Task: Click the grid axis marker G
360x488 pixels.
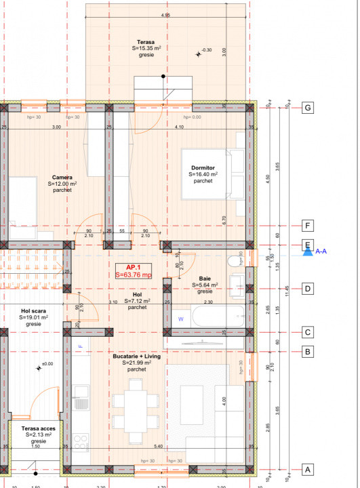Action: pyautogui.click(x=308, y=108)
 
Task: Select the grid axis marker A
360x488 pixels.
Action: pyautogui.click(x=308, y=469)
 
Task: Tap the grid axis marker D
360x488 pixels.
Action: pyautogui.click(x=308, y=288)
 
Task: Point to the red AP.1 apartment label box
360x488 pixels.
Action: pyautogui.click(x=134, y=271)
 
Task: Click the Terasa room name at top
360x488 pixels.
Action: pyautogui.click(x=143, y=41)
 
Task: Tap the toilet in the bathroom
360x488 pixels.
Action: pyautogui.click(x=235, y=261)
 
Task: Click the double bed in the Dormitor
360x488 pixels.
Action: pyautogui.click(x=213, y=173)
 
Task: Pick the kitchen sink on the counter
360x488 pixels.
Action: pyautogui.click(x=81, y=392)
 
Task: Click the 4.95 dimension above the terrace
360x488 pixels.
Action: pyautogui.click(x=165, y=14)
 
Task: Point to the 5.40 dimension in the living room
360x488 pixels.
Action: pyautogui.click(x=159, y=447)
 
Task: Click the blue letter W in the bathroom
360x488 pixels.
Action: pyautogui.click(x=180, y=317)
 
